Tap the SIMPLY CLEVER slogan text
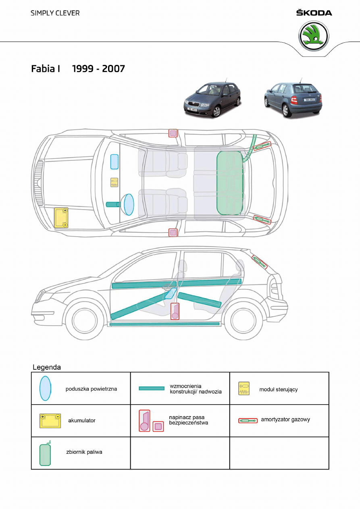pos(55,13)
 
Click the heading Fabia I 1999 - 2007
pos(78,69)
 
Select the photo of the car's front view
pos(212,99)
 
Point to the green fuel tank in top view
pos(230,183)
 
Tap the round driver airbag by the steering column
pos(129,204)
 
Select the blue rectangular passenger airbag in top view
pos(114,161)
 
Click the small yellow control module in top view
pos(114,182)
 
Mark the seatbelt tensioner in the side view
pos(175,312)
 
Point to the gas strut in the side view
pos(260,262)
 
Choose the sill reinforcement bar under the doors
pos(164,324)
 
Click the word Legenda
pos(46,367)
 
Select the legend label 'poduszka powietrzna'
pos(91,389)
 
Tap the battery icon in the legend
pos(50,420)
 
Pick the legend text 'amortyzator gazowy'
pos(285,420)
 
